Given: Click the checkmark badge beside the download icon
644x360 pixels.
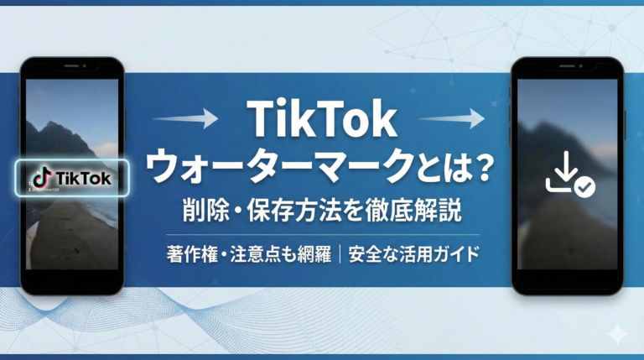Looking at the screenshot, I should (584, 187).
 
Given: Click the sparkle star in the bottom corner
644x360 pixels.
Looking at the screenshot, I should (618, 334).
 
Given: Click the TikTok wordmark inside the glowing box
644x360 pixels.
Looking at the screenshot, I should (82, 178).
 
